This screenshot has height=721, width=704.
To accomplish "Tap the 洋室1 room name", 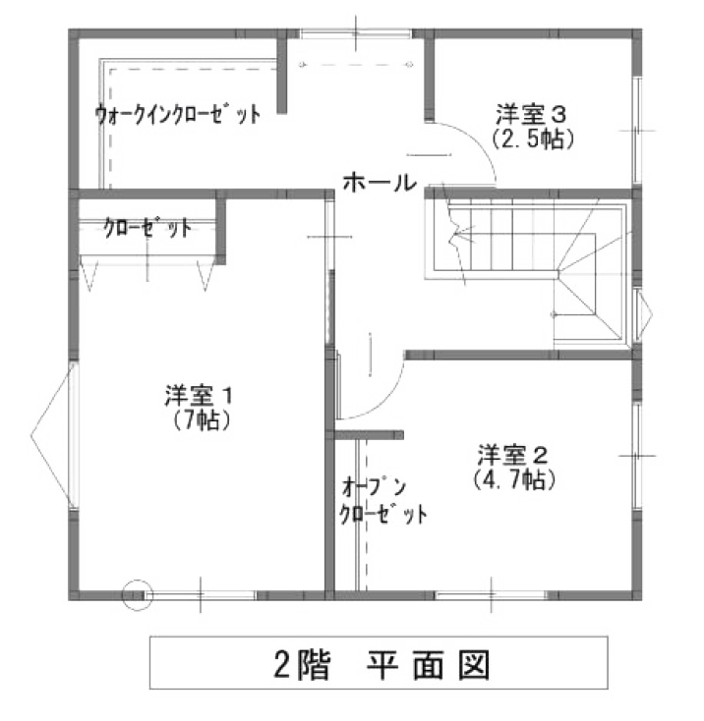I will click(199, 398).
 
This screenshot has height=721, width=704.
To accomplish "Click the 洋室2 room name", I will click(512, 455).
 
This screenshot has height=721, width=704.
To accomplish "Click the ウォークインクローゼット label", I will click(178, 114).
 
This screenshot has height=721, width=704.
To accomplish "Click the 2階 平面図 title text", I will click(380, 663).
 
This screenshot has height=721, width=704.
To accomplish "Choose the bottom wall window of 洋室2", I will click(492, 593).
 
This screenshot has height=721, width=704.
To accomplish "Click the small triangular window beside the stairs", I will click(643, 311).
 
